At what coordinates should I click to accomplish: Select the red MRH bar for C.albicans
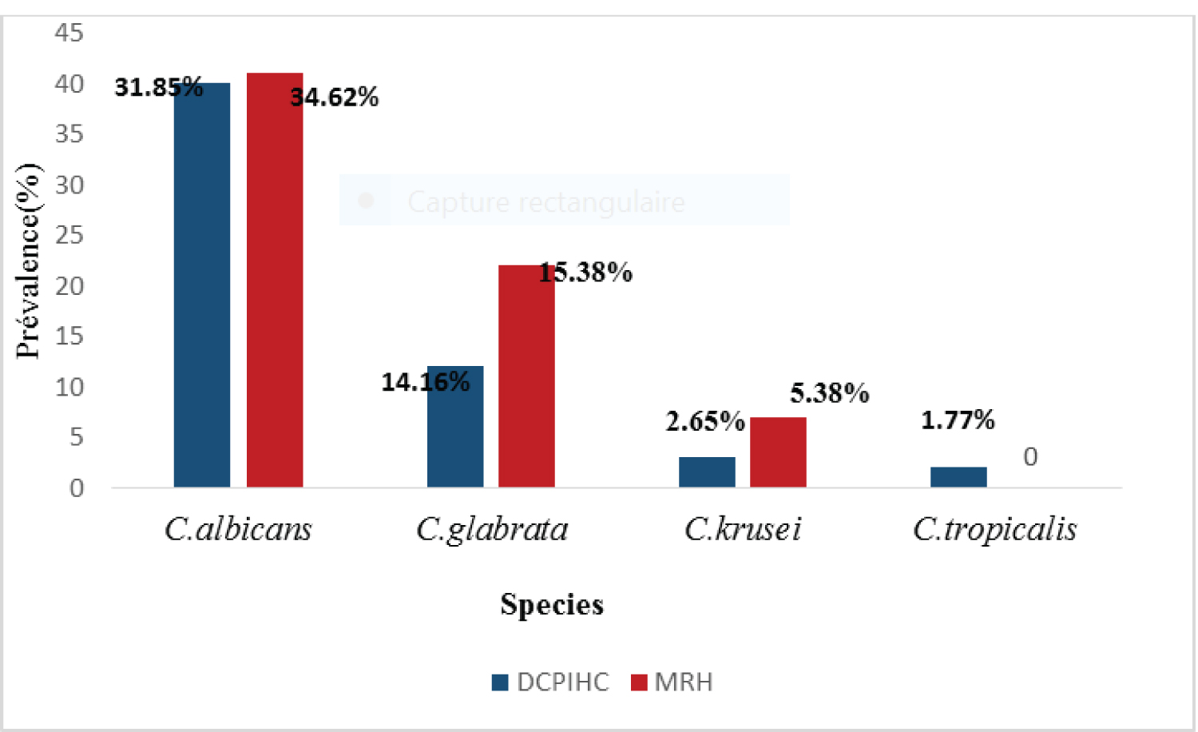(275, 280)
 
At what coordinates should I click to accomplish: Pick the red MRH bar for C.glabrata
(526, 376)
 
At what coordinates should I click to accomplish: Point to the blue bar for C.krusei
(707, 471)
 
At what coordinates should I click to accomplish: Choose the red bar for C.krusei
(778, 452)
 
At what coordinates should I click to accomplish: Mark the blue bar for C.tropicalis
(958, 477)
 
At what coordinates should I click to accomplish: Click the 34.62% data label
(334, 97)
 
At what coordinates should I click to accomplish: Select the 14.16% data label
(425, 382)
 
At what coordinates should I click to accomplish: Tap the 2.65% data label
(704, 421)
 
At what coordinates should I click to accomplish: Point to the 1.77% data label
(958, 420)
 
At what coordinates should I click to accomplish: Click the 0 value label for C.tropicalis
(1030, 457)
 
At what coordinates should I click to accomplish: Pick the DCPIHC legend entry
(551, 682)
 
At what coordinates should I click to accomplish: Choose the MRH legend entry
(672, 682)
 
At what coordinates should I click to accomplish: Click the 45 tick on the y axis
(69, 33)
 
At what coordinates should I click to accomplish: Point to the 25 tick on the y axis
(69, 235)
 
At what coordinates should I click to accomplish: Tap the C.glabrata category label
(492, 529)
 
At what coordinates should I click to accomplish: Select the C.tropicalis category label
(994, 529)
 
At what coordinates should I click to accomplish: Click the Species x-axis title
(552, 604)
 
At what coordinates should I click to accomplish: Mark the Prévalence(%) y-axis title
(28, 261)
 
